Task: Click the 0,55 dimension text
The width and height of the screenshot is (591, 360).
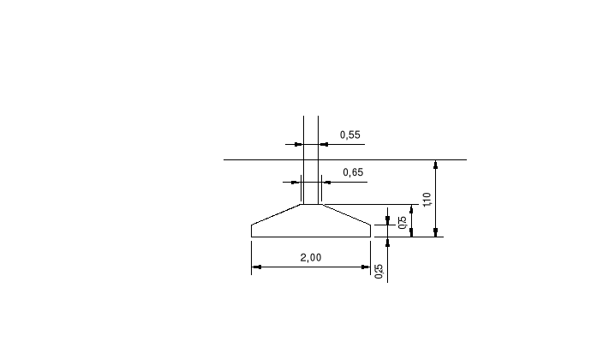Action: (x=350, y=135)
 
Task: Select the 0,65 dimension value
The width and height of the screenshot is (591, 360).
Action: (x=353, y=172)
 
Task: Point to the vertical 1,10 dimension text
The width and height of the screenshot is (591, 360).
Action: (x=427, y=200)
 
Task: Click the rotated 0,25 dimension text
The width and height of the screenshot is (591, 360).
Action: (x=379, y=271)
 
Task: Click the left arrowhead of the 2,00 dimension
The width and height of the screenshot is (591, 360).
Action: (x=254, y=267)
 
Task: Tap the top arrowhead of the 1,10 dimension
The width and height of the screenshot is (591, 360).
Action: (x=436, y=164)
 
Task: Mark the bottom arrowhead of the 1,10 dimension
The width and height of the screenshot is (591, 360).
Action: (x=436, y=232)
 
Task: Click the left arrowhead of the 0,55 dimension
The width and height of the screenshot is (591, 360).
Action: (x=299, y=144)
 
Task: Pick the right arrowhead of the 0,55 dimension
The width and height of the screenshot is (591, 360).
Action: (x=322, y=144)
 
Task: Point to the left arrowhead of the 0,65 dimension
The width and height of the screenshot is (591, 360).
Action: (x=296, y=182)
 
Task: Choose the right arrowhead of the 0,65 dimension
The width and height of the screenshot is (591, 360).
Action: (x=325, y=182)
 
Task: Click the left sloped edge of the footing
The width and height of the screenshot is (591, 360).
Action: (x=276, y=214)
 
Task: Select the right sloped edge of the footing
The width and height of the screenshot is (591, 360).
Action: (x=346, y=214)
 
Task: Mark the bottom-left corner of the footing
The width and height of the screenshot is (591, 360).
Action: (x=251, y=237)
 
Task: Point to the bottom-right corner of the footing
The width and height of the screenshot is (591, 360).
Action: (x=371, y=237)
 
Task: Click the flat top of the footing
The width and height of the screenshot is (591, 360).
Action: (x=311, y=204)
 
